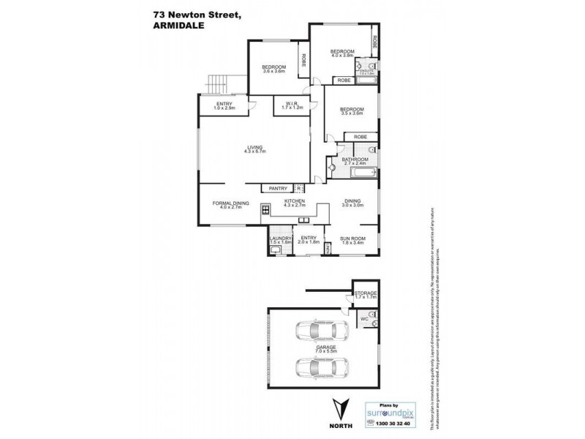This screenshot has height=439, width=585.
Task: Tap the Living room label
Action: coord(254,149)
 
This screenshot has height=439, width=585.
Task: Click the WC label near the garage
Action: coord(363,319)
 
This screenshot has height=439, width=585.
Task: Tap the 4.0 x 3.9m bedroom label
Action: coord(342,53)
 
